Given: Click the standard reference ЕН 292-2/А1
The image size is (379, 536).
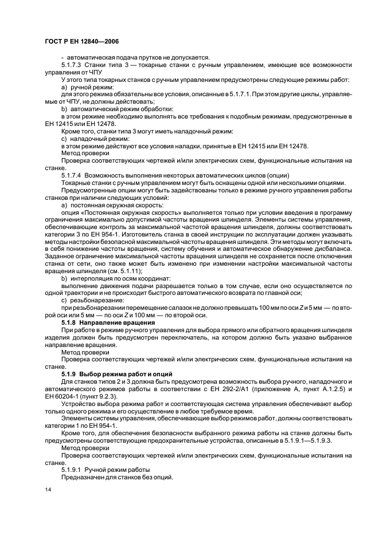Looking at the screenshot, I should (x=212, y=388).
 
